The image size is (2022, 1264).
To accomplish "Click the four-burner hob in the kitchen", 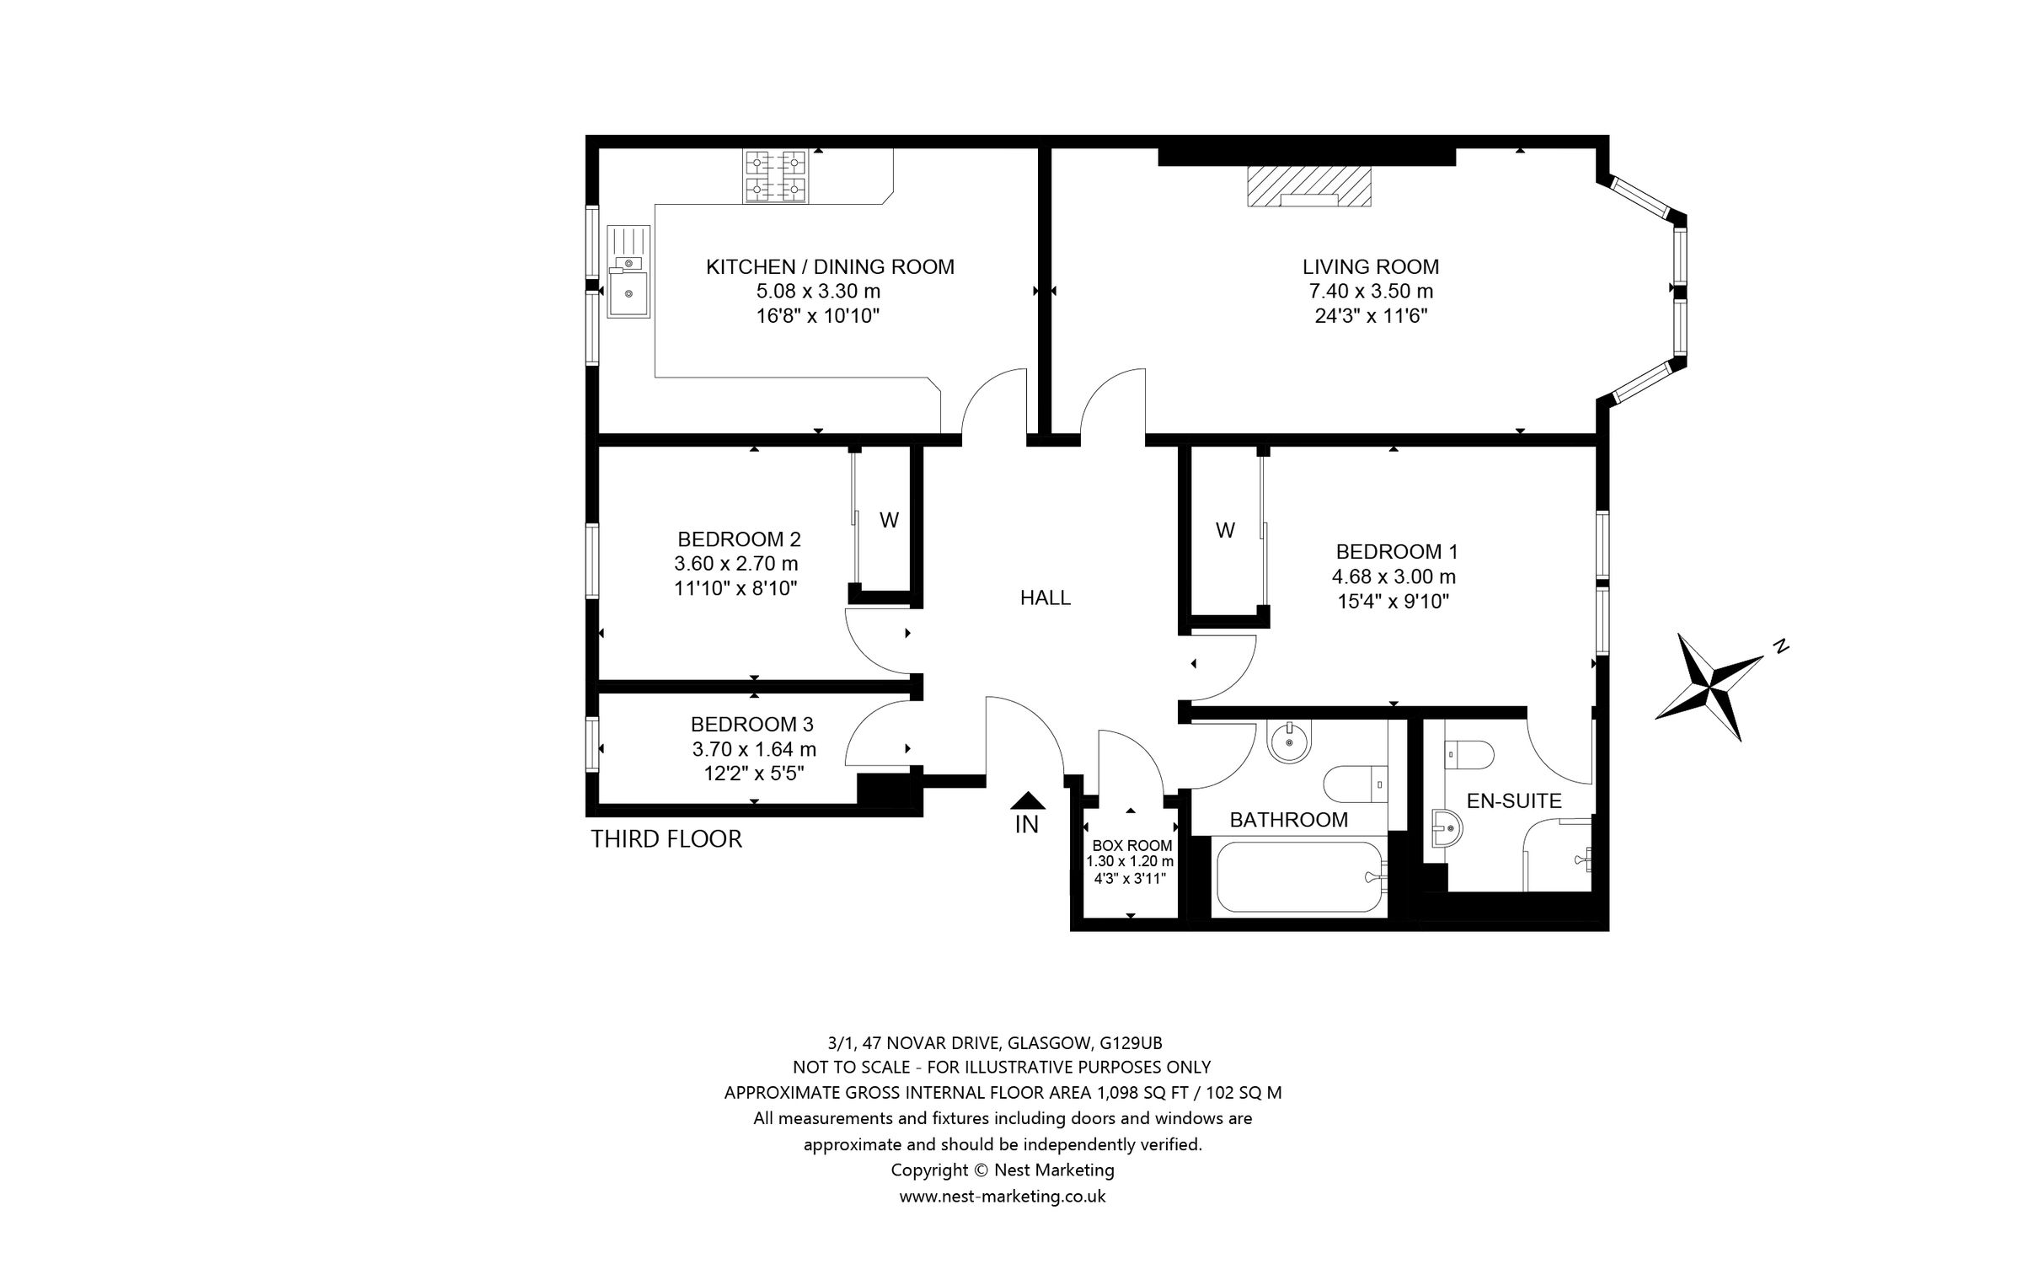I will click(x=775, y=175).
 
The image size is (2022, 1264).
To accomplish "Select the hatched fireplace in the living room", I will click(x=1308, y=187).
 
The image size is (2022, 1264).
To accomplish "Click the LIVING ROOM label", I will click(x=1370, y=267).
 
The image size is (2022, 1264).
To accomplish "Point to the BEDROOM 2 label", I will click(x=739, y=539).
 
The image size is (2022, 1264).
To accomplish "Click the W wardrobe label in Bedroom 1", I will click(x=1225, y=530).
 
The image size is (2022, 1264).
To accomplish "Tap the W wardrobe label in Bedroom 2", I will click(x=889, y=521).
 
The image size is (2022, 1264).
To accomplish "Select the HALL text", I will click(x=1045, y=598).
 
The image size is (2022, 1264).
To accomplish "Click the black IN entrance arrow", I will click(x=1027, y=801).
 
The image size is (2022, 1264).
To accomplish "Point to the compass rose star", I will click(x=1709, y=688).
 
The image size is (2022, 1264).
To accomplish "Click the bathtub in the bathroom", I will click(x=1297, y=877).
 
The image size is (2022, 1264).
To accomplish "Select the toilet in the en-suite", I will click(x=1469, y=754).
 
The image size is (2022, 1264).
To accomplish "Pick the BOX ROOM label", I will click(x=1131, y=845).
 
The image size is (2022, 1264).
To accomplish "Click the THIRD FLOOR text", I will click(x=666, y=839).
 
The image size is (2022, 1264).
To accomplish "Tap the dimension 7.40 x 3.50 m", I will click(x=1370, y=292).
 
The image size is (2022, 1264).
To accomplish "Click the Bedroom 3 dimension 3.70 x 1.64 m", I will click(x=753, y=749).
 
